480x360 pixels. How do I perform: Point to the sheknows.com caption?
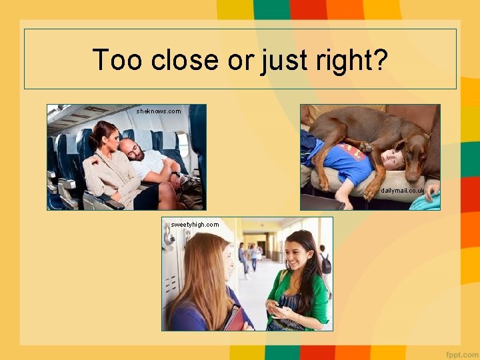click(159, 111)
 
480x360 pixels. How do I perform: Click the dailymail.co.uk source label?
click(403, 191)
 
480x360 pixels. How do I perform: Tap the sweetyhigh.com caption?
click(195, 225)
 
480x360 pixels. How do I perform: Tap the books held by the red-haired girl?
click(233, 319)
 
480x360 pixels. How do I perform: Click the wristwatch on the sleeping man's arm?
click(175, 175)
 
